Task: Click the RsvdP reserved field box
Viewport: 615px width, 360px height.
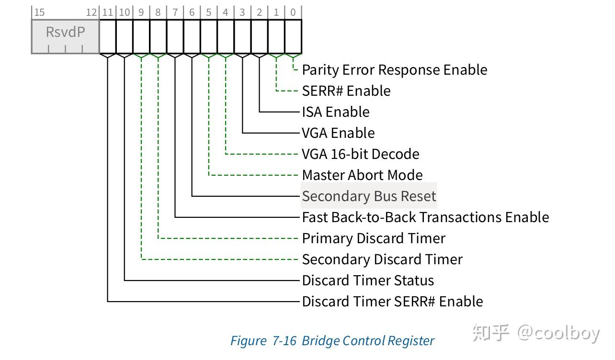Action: point(65,36)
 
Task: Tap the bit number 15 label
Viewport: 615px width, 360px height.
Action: point(39,12)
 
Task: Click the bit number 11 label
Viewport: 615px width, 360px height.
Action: point(108,12)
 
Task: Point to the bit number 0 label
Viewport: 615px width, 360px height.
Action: point(293,12)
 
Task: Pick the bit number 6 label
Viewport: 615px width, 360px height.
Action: point(192,12)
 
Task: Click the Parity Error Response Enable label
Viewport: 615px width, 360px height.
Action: point(395,70)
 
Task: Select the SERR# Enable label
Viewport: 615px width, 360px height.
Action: point(346,91)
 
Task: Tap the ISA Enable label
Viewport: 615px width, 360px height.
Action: point(336,112)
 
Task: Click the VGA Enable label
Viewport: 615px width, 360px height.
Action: point(338,133)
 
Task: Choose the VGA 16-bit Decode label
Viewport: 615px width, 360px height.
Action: point(361,154)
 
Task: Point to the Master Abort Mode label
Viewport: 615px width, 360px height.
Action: point(362,175)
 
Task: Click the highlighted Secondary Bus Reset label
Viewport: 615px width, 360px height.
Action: point(369,196)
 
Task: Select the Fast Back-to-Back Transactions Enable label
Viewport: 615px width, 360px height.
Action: point(425,217)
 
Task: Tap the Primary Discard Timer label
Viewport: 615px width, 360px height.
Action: point(374,238)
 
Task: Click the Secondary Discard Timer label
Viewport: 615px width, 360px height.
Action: point(382,259)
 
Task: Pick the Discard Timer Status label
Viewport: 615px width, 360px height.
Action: point(368,281)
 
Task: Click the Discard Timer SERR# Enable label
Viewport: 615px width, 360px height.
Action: point(392,302)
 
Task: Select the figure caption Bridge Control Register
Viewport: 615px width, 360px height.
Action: point(332,341)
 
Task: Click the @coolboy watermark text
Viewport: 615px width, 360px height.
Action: point(558,333)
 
